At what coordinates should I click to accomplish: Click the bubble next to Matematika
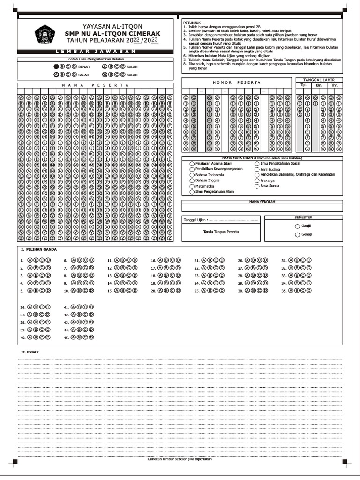point(192,186)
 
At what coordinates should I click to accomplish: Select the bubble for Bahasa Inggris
point(192,180)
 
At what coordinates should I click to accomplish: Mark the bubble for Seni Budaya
point(257,169)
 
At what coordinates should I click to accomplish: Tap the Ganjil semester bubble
point(297,226)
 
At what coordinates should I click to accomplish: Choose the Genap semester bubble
point(297,234)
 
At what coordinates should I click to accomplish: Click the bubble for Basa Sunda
point(257,186)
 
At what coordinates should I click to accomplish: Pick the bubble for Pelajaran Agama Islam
point(192,164)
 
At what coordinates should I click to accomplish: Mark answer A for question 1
point(30,261)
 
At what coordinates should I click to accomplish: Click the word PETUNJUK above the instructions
point(193,22)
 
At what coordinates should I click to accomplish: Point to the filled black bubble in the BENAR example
point(56,67)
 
